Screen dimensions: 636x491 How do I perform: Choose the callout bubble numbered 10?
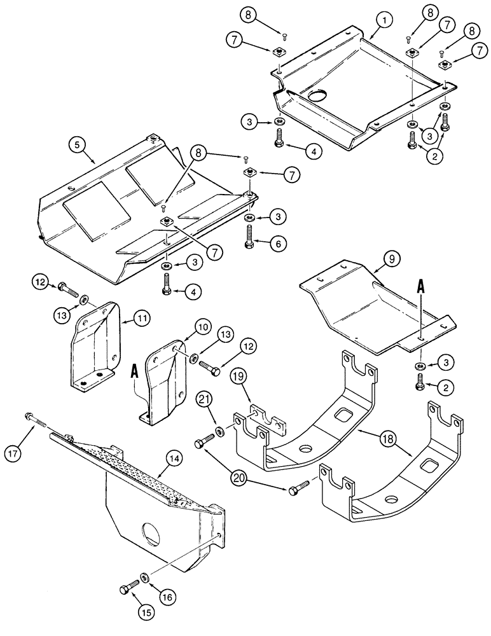coord(203,328)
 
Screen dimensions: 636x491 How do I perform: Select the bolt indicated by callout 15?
coord(125,590)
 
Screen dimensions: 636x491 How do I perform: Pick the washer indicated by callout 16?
coord(145,577)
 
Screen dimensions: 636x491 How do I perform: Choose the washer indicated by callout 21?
coord(219,432)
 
